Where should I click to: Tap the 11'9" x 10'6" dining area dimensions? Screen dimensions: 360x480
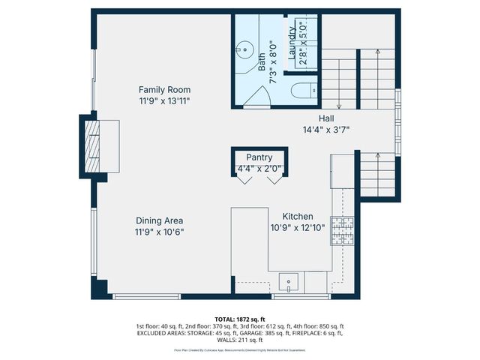[160, 232]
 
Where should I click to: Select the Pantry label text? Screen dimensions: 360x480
[259, 157]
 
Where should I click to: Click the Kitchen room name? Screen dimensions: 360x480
[297, 216]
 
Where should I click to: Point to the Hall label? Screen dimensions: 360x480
[326, 118]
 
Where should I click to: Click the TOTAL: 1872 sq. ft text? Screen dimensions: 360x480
[240, 318]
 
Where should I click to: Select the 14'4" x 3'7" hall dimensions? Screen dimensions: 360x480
[326, 130]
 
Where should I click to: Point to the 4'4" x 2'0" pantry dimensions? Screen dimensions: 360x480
[259, 169]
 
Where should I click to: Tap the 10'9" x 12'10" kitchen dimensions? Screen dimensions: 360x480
[297, 227]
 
